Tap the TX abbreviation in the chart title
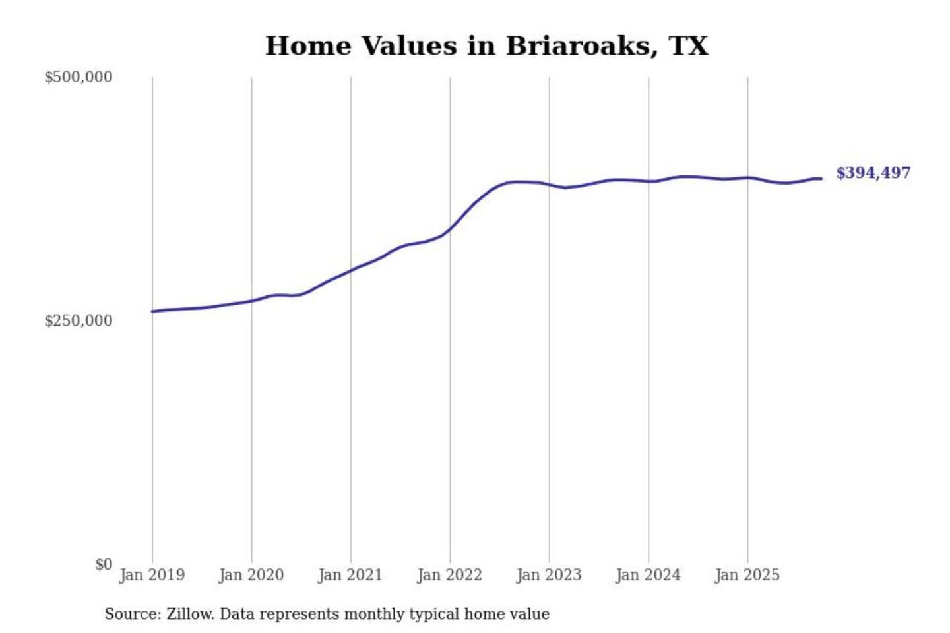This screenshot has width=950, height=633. click(688, 46)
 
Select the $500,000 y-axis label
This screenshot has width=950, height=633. click(79, 77)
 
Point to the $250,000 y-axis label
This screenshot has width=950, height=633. click(79, 321)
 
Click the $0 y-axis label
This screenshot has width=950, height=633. click(104, 564)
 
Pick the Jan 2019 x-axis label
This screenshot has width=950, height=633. click(152, 575)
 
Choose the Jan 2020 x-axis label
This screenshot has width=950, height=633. click(251, 575)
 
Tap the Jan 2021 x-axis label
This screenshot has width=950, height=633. click(350, 575)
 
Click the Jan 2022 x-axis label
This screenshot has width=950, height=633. click(450, 575)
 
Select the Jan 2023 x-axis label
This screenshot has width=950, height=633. click(549, 575)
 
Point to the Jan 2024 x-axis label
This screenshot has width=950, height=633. click(648, 575)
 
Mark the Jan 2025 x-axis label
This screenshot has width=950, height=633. click(747, 575)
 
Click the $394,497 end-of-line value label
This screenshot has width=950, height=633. click(873, 173)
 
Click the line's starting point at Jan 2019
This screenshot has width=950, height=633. click(152, 311)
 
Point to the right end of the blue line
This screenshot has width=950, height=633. click(821, 179)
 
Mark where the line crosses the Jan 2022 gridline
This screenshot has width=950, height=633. click(451, 229)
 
